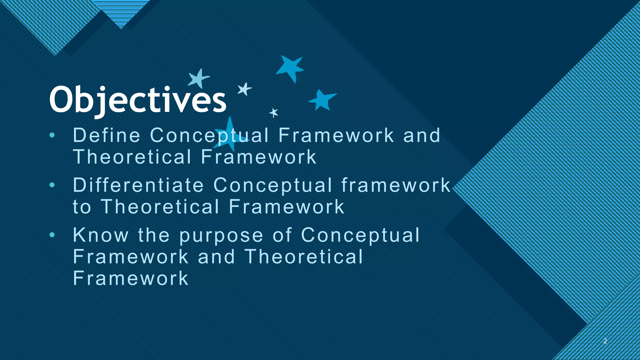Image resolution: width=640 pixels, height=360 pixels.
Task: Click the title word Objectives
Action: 137,100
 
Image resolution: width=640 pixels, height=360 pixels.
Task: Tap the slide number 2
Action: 605,341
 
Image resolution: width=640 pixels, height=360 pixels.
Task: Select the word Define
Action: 107,135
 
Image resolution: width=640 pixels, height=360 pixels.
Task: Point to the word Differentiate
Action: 138,185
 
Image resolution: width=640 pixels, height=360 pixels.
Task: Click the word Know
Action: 101,235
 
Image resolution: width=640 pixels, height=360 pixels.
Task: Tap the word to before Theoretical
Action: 82,207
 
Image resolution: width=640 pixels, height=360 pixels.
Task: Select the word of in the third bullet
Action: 282,235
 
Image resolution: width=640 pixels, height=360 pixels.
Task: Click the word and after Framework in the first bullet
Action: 422,135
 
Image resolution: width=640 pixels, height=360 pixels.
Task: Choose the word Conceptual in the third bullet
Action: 360,235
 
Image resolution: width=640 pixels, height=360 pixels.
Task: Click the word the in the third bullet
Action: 154,235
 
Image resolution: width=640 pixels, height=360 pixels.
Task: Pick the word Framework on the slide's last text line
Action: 131,278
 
